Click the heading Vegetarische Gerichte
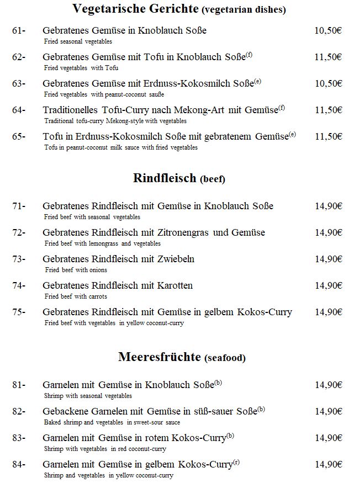tap(135, 9)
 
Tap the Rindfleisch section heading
tap(165, 178)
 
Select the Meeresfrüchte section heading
tap(160, 357)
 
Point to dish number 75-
tap(19, 312)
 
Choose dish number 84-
tap(19, 464)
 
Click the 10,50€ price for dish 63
tap(328, 84)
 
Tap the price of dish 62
tap(328, 57)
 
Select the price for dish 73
tap(329, 259)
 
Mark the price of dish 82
tap(329, 411)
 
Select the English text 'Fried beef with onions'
tap(76, 270)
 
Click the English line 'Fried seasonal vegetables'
tap(78, 41)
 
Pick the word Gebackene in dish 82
tap(66, 411)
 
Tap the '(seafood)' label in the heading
tap(225, 358)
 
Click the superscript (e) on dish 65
tap(292, 134)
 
